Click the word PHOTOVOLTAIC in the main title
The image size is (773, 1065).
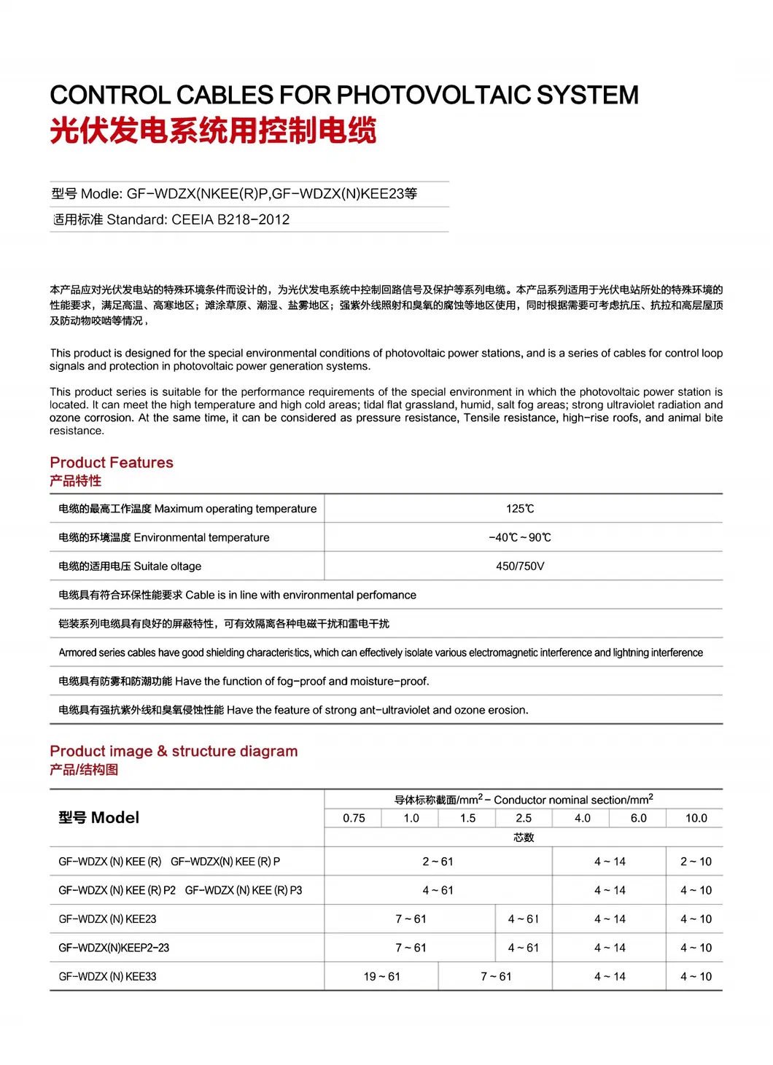pyautogui.click(x=434, y=95)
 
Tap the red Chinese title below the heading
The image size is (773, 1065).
pyautogui.click(x=213, y=131)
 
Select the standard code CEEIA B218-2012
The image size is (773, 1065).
pyautogui.click(x=230, y=219)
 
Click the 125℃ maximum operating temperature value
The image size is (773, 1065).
pyautogui.click(x=520, y=509)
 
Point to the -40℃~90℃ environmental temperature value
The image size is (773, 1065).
pyautogui.click(x=520, y=537)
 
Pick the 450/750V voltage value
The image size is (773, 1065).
pyautogui.click(x=520, y=566)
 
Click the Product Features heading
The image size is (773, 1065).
pyautogui.click(x=112, y=463)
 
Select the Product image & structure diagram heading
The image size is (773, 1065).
pyautogui.click(x=174, y=752)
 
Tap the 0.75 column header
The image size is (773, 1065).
pyautogui.click(x=354, y=819)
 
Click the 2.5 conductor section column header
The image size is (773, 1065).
pyautogui.click(x=524, y=819)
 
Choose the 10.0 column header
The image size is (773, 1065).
pyautogui.click(x=696, y=819)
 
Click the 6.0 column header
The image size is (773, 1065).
pyautogui.click(x=638, y=819)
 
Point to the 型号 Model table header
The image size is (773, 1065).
pyautogui.click(x=99, y=818)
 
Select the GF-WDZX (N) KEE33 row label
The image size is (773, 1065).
pyautogui.click(x=107, y=977)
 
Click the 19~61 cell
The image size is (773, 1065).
pyautogui.click(x=381, y=977)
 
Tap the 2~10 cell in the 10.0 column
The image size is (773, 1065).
pyautogui.click(x=696, y=862)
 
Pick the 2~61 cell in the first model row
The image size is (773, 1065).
pyautogui.click(x=438, y=862)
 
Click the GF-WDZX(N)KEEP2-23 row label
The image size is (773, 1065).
pyautogui.click(x=114, y=948)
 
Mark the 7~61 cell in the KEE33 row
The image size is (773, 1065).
pyautogui.click(x=496, y=977)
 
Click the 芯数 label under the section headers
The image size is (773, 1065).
pyautogui.click(x=524, y=838)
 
